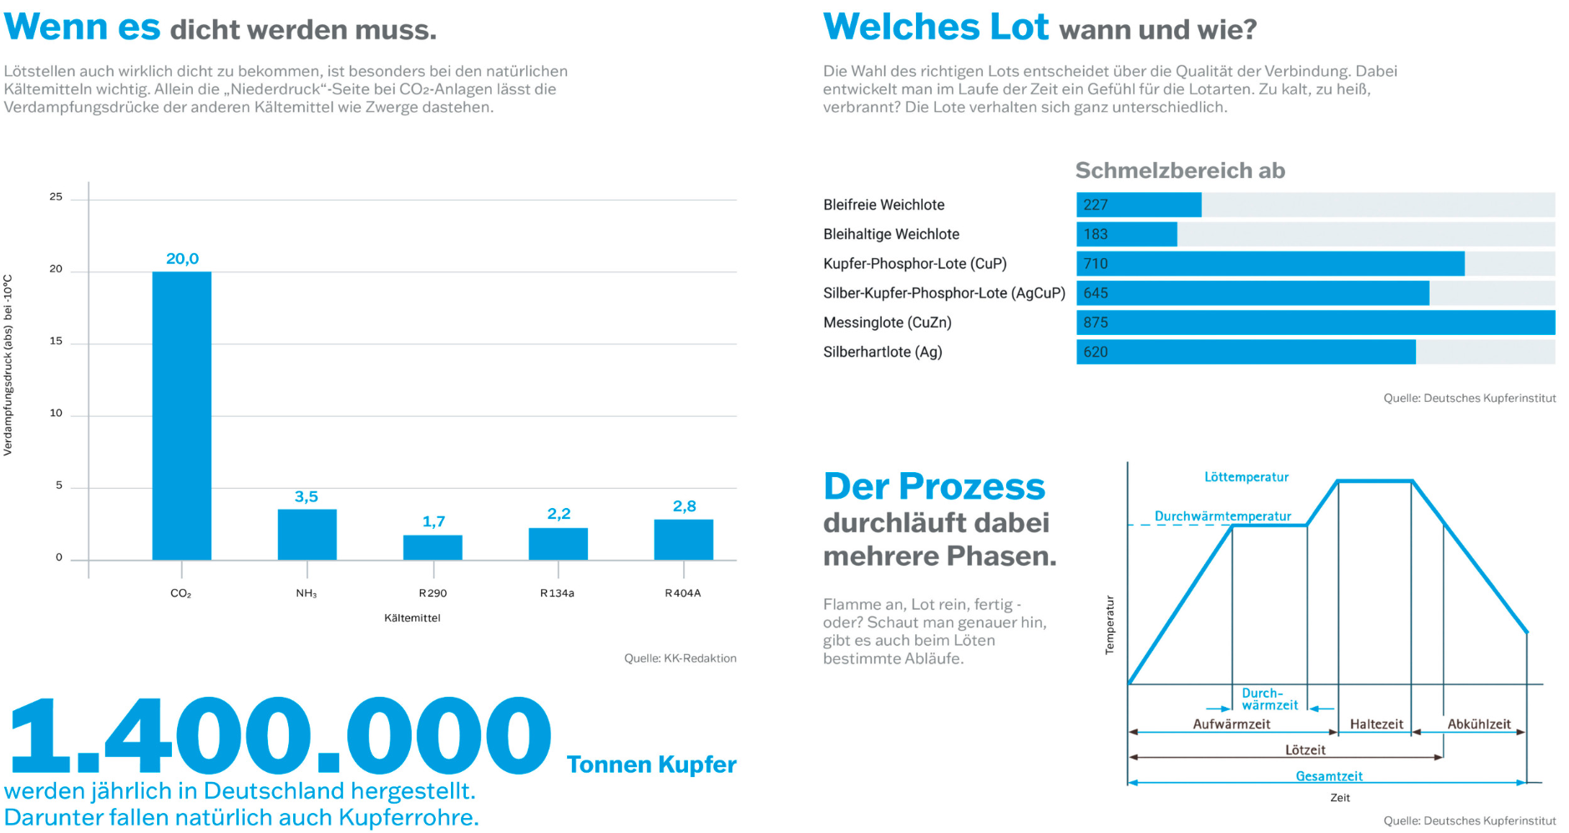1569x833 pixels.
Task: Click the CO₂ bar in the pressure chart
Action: (x=181, y=415)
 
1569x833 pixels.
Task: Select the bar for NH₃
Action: (x=306, y=535)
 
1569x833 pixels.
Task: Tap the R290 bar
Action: (x=433, y=547)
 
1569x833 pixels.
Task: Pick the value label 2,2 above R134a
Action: (x=559, y=514)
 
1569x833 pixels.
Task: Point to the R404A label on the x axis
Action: (x=682, y=593)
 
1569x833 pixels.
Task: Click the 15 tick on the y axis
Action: (x=56, y=341)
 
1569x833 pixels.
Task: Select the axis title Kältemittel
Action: (x=412, y=618)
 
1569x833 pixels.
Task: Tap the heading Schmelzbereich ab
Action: (x=1180, y=170)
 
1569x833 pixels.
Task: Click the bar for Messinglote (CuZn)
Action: (x=1315, y=323)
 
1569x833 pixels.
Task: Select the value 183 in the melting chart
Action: (x=1096, y=235)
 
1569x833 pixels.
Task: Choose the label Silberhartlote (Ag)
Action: (x=883, y=352)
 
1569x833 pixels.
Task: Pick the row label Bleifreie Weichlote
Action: (x=883, y=205)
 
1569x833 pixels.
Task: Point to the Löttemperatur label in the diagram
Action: (x=1246, y=477)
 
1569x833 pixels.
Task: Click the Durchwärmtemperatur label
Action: (x=1222, y=516)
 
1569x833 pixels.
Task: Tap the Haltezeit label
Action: (x=1376, y=724)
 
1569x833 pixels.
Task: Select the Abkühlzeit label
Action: (x=1479, y=724)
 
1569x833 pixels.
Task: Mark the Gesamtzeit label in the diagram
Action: (x=1329, y=776)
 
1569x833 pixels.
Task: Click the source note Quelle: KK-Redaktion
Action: (x=680, y=658)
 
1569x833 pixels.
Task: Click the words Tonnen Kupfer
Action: (x=651, y=764)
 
